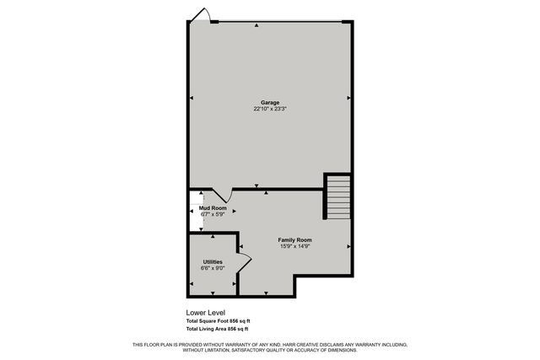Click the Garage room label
click(269, 103)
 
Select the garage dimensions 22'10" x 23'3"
click(269, 109)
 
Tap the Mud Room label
click(213, 207)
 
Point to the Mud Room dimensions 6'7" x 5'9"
click(213, 214)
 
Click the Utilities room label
click(212, 262)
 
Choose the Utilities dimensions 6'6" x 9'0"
click(212, 269)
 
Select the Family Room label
click(295, 240)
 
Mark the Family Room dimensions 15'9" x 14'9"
click(295, 246)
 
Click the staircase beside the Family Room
click(337, 197)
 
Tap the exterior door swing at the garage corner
click(201, 14)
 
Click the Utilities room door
click(245, 261)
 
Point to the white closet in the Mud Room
click(194, 212)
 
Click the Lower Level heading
click(206, 312)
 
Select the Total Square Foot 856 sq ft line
click(218, 321)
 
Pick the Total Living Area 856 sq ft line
click(218, 330)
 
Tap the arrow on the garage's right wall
click(348, 99)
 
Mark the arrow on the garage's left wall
click(192, 99)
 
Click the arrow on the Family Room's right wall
click(348, 245)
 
